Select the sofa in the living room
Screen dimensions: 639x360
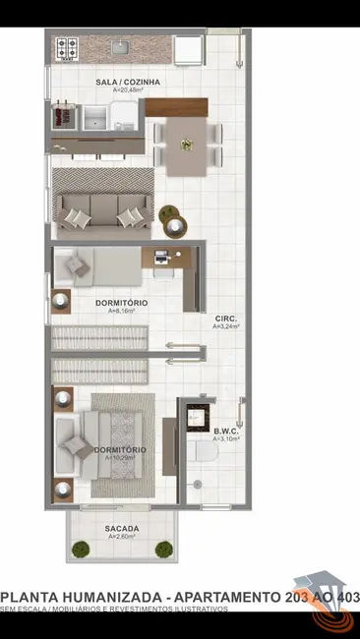coord(102,209)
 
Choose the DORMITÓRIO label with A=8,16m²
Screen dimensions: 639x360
coord(122,303)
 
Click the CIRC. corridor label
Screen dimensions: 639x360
coord(225,319)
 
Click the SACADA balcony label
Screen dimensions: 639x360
coord(122,528)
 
